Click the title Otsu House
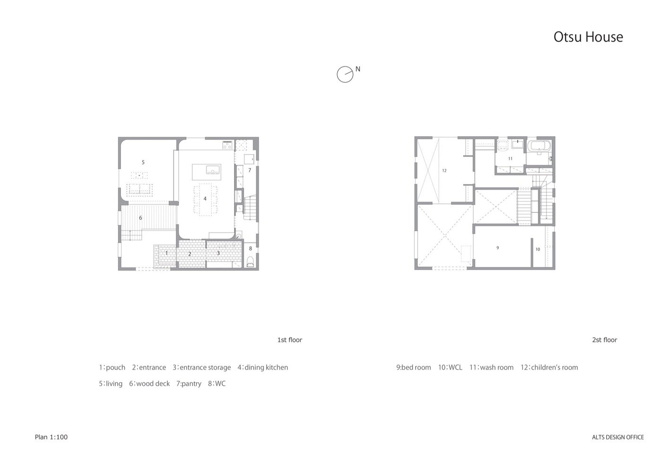(588, 37)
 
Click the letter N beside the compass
(358, 69)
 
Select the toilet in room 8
(250, 262)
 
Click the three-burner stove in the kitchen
(227, 146)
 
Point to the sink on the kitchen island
(213, 170)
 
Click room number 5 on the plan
(143, 162)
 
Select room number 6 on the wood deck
(140, 218)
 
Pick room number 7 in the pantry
(250, 170)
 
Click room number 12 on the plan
(444, 171)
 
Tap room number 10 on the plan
(538, 249)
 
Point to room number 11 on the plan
(510, 158)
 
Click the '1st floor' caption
(290, 340)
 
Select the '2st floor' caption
(605, 340)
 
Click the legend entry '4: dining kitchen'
(263, 367)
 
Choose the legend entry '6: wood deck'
(149, 383)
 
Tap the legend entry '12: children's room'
(549, 367)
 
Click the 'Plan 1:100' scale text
(51, 437)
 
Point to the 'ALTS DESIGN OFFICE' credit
(618, 437)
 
